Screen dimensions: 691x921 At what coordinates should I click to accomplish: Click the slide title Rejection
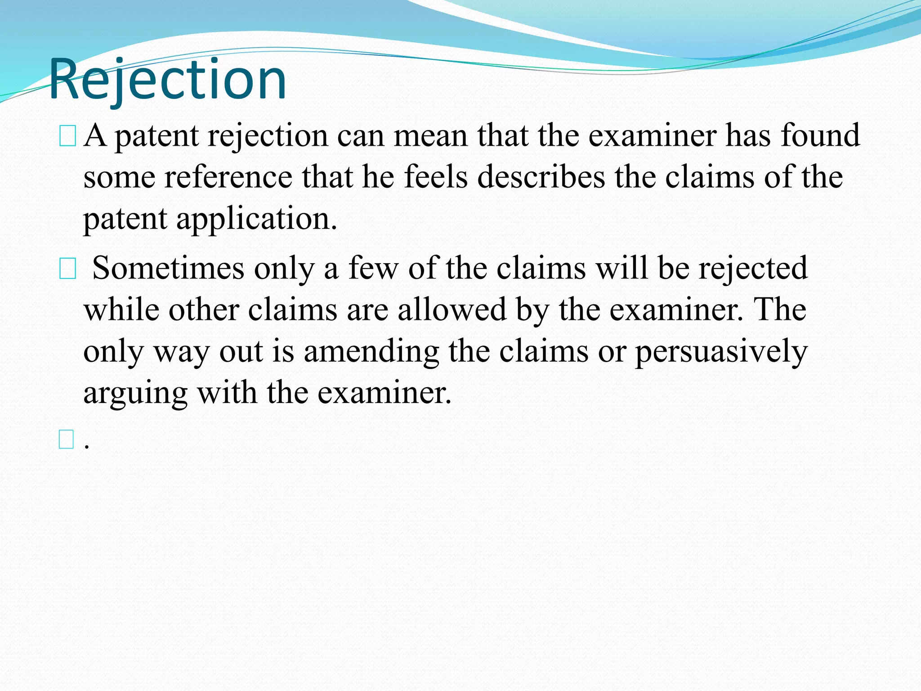pyautogui.click(x=167, y=80)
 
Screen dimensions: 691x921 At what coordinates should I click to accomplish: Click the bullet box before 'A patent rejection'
pyautogui.click(x=67, y=136)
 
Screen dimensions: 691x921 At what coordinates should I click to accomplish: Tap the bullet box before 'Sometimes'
pyautogui.click(x=67, y=269)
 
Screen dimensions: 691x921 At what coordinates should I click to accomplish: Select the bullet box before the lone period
pyautogui.click(x=66, y=439)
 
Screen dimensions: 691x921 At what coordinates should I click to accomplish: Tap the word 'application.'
pyautogui.click(x=256, y=219)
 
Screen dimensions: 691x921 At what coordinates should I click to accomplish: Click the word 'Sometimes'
pyautogui.click(x=168, y=268)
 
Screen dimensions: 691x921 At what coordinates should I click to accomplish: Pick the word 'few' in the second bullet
pyautogui.click(x=373, y=268)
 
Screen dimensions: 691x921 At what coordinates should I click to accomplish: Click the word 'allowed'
pyautogui.click(x=452, y=310)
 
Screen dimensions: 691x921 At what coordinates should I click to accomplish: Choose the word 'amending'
pyautogui.click(x=371, y=352)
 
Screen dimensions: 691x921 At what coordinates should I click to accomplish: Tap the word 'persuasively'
pyautogui.click(x=721, y=352)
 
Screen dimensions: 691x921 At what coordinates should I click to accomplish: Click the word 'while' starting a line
pyautogui.click(x=121, y=310)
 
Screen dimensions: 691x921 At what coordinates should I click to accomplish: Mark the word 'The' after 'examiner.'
pyautogui.click(x=780, y=310)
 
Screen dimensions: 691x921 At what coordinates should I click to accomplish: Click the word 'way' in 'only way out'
pyautogui.click(x=182, y=352)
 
